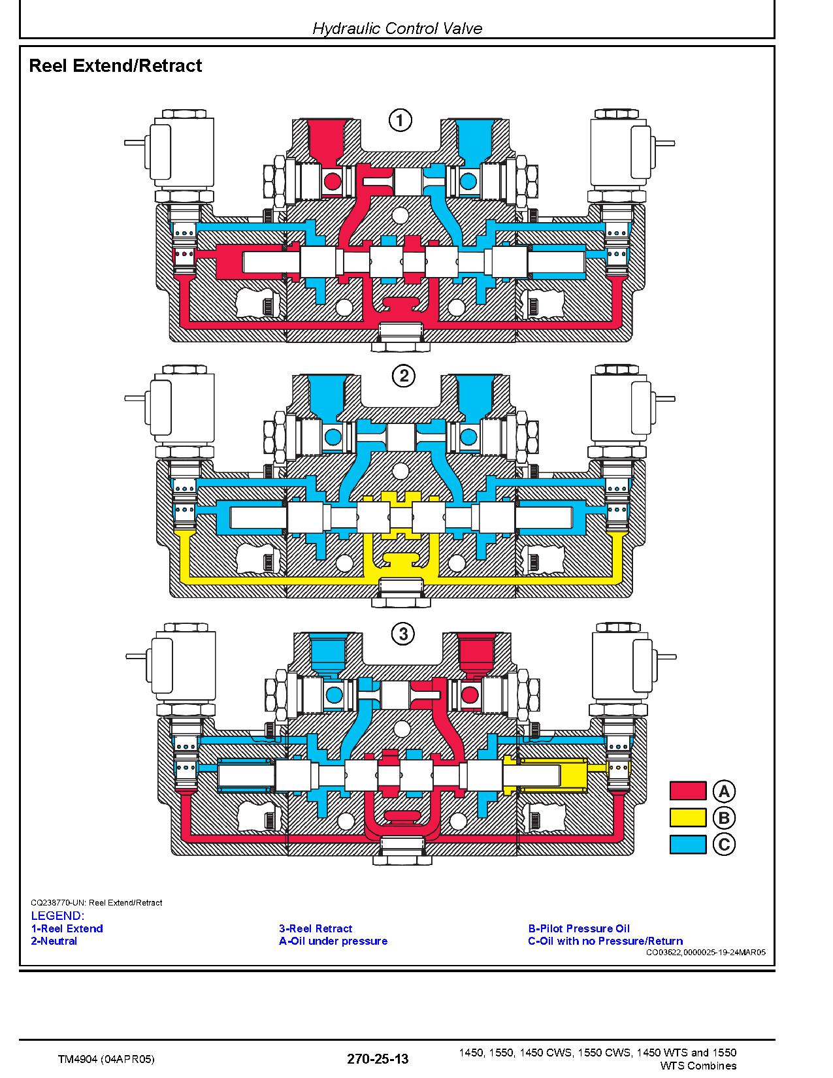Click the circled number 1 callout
400,120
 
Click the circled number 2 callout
404,376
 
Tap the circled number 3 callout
403,634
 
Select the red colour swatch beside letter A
688,791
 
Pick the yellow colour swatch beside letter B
688,817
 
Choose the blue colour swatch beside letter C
688,844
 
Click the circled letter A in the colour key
724,791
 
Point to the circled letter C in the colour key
724,844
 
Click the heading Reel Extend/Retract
115,65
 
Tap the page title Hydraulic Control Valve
397,28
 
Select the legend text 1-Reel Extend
67,928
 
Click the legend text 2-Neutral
54,941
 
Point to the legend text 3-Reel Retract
316,928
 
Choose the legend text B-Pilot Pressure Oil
579,928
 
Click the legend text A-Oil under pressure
333,941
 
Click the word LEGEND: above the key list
57,916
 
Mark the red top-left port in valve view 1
325,141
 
